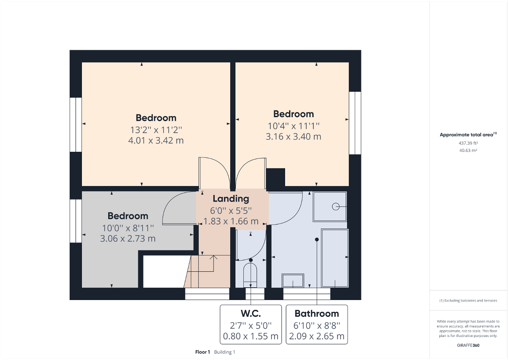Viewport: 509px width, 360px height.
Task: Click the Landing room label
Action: [231, 199]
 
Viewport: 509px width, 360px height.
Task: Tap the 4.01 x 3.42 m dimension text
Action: [156, 140]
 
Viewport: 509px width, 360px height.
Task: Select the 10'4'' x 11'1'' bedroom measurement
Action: [293, 126]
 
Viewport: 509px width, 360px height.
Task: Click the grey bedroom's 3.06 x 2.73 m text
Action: [128, 238]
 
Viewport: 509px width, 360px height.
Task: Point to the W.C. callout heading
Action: [251, 314]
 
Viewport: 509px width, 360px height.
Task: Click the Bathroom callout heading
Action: [317, 314]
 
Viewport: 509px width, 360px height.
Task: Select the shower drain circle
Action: [336, 207]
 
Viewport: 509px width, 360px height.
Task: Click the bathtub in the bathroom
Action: [334, 258]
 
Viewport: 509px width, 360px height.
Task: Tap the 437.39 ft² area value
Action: [468, 143]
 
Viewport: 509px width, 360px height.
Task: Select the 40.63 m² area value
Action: [468, 150]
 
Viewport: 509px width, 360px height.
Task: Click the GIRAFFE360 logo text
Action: [468, 345]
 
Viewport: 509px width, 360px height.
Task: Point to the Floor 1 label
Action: [202, 352]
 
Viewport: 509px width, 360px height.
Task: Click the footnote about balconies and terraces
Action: [468, 300]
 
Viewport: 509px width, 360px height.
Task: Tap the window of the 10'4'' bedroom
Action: [355, 123]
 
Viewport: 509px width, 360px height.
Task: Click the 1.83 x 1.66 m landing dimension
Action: [231, 221]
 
